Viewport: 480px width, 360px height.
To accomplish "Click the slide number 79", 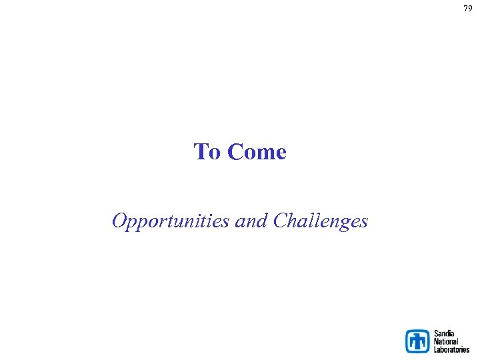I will click(468, 9).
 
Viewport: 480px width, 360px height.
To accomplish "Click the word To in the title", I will click(207, 152).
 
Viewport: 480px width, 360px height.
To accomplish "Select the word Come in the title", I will click(257, 152).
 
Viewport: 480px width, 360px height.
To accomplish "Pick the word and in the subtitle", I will click(252, 220).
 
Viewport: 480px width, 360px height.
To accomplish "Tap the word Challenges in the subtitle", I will click(321, 221).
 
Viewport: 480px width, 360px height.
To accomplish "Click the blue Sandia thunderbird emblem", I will click(418, 341).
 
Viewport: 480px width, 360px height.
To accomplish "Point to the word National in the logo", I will click(446, 341).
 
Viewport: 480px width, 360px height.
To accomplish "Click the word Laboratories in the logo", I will click(451, 349).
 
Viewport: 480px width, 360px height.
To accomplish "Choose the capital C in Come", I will click(235, 152).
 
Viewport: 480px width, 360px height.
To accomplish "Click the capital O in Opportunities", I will click(119, 220).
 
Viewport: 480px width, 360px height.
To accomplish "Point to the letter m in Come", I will click(263, 154).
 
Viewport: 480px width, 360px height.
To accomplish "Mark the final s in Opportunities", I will click(228, 221).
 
